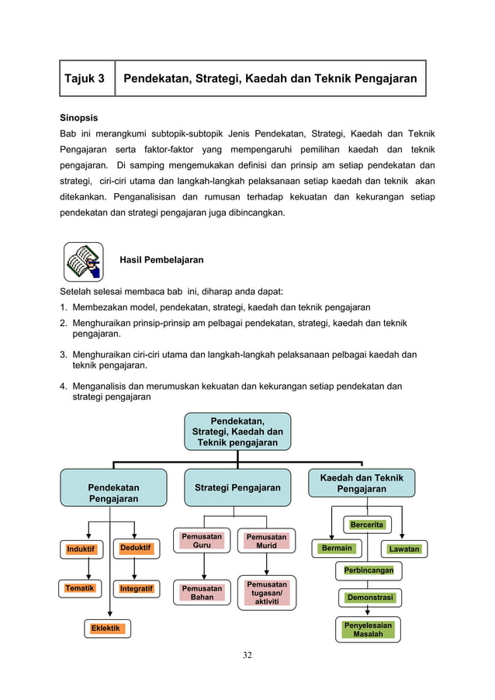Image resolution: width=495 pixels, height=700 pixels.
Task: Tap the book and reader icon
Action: click(83, 262)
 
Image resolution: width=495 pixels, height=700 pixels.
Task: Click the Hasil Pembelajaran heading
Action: click(161, 260)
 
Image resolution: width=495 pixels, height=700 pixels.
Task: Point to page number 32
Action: click(247, 656)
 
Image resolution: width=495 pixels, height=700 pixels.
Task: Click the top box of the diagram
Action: click(237, 431)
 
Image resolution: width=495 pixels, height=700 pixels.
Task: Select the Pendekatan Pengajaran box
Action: click(113, 487)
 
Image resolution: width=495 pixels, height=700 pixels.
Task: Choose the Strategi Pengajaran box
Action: click(237, 487)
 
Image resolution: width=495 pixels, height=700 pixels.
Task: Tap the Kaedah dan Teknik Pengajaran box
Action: click(362, 483)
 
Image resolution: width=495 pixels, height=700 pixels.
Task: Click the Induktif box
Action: click(81, 549)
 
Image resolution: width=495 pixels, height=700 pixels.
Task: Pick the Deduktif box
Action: click(135, 549)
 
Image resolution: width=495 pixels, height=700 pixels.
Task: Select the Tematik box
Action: click(81, 588)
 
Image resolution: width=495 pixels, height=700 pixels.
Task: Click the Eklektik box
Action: click(107, 628)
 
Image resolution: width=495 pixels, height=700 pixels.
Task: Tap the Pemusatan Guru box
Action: click(202, 541)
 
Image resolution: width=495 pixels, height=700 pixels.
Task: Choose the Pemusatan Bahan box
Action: click(202, 593)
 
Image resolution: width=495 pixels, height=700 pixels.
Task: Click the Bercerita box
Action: click(367, 525)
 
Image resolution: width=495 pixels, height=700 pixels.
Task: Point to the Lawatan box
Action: click(404, 549)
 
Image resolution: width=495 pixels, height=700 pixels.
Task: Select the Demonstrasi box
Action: click(369, 598)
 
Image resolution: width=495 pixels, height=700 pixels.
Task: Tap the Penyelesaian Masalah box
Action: click(369, 629)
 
